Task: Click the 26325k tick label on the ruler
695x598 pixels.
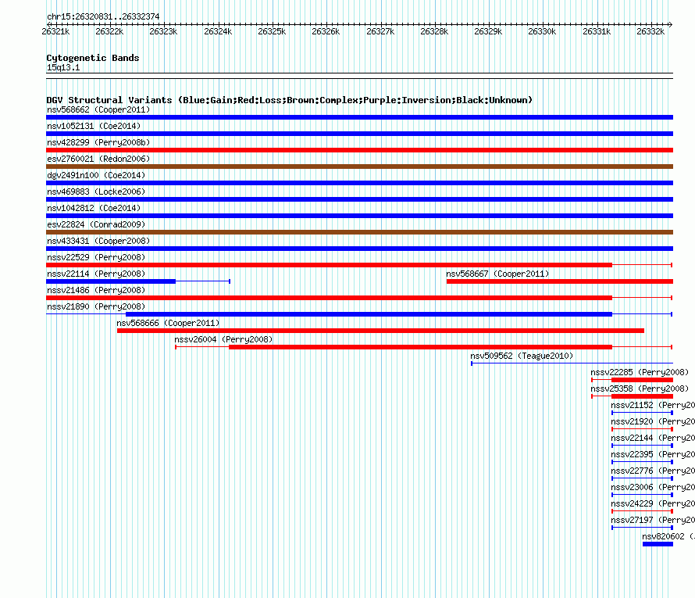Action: pos(272,31)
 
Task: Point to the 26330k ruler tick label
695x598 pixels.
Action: pos(542,31)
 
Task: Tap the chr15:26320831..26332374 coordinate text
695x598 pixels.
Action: pos(103,16)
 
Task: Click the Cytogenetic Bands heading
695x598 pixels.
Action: pos(93,58)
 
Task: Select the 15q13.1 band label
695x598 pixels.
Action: pos(63,68)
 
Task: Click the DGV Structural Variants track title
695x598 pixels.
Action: pos(289,100)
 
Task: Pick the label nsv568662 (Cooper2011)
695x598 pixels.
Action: pos(98,109)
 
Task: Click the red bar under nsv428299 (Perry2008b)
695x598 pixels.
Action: pos(359,150)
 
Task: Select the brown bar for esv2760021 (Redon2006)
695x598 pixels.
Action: pos(359,167)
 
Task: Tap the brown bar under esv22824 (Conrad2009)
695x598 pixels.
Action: pos(359,232)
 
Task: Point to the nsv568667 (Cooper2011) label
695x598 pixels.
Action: pos(497,274)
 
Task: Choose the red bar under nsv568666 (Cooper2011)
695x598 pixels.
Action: pos(380,331)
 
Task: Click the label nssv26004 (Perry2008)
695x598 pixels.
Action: pos(223,339)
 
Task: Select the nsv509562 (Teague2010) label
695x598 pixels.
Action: pos(521,356)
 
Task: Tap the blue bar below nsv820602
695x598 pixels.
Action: pos(658,544)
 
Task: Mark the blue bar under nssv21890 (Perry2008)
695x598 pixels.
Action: pos(369,314)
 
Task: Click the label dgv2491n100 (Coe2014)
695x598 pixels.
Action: pos(94,175)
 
